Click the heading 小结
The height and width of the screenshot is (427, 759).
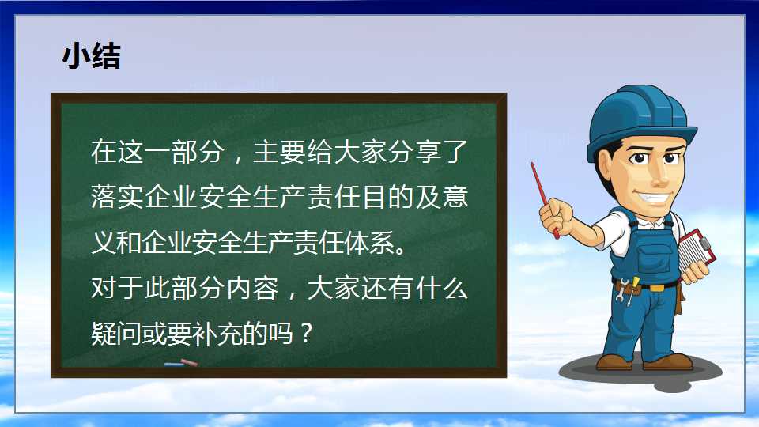92,55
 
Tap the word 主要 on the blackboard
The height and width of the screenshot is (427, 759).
279,152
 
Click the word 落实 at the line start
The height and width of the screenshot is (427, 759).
117,197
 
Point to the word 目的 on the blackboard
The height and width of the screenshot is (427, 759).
387,197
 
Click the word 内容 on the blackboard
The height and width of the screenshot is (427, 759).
253,288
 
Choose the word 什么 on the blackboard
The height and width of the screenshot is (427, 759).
441,288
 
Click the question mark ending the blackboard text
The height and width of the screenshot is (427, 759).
306,333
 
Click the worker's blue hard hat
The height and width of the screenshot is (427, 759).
641,121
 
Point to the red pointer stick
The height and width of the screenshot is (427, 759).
544,199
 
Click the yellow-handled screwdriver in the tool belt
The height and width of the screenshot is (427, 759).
632,289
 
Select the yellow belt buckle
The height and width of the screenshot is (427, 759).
657,288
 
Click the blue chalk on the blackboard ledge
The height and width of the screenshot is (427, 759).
174,364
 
